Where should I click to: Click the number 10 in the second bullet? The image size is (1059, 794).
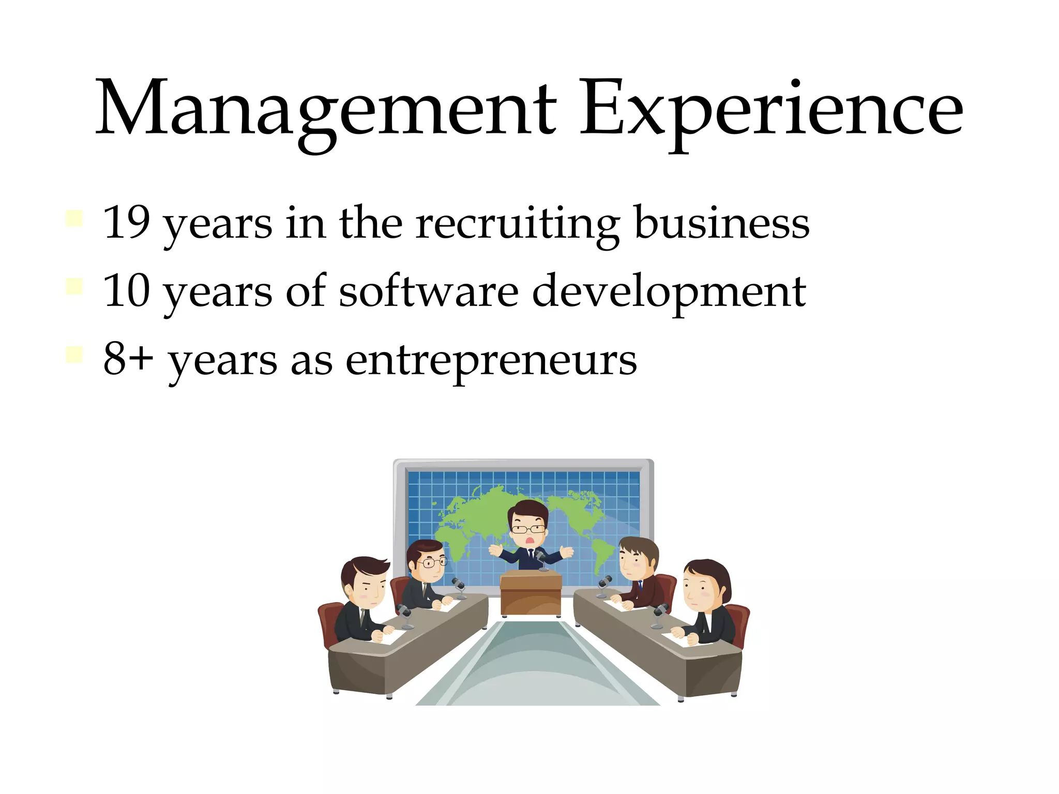[x=127, y=291]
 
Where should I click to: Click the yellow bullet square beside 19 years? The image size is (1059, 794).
[x=74, y=218]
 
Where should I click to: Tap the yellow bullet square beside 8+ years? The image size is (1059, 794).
[x=74, y=355]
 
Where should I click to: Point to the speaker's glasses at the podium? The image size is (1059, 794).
[x=528, y=529]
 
